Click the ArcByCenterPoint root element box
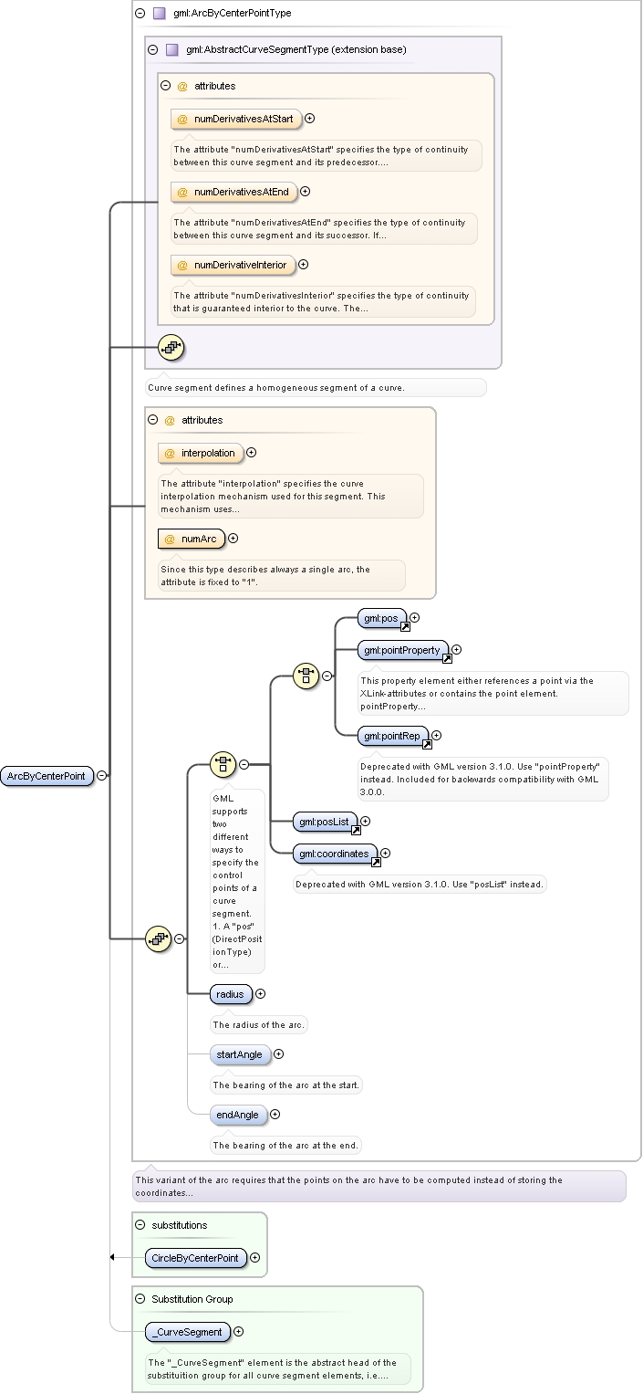[x=47, y=776]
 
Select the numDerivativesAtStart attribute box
[x=236, y=119]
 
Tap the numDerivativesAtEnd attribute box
[x=233, y=193]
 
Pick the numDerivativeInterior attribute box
[x=233, y=265]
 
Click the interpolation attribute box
[x=201, y=453]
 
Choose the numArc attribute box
[x=192, y=539]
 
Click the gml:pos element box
[x=382, y=619]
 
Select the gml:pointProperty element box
[x=403, y=650]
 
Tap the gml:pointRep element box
[x=393, y=736]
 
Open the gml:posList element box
[x=326, y=823]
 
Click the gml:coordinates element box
[x=336, y=854]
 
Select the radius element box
[x=232, y=994]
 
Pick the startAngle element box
[x=241, y=1054]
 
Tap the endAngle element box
[x=239, y=1116]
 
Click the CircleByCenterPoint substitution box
[x=196, y=1258]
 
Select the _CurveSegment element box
[x=188, y=1333]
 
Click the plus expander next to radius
[x=261, y=994]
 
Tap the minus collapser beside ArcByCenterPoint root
[x=102, y=775]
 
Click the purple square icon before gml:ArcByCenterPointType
[x=160, y=13]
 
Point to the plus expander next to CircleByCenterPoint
[x=255, y=1258]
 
